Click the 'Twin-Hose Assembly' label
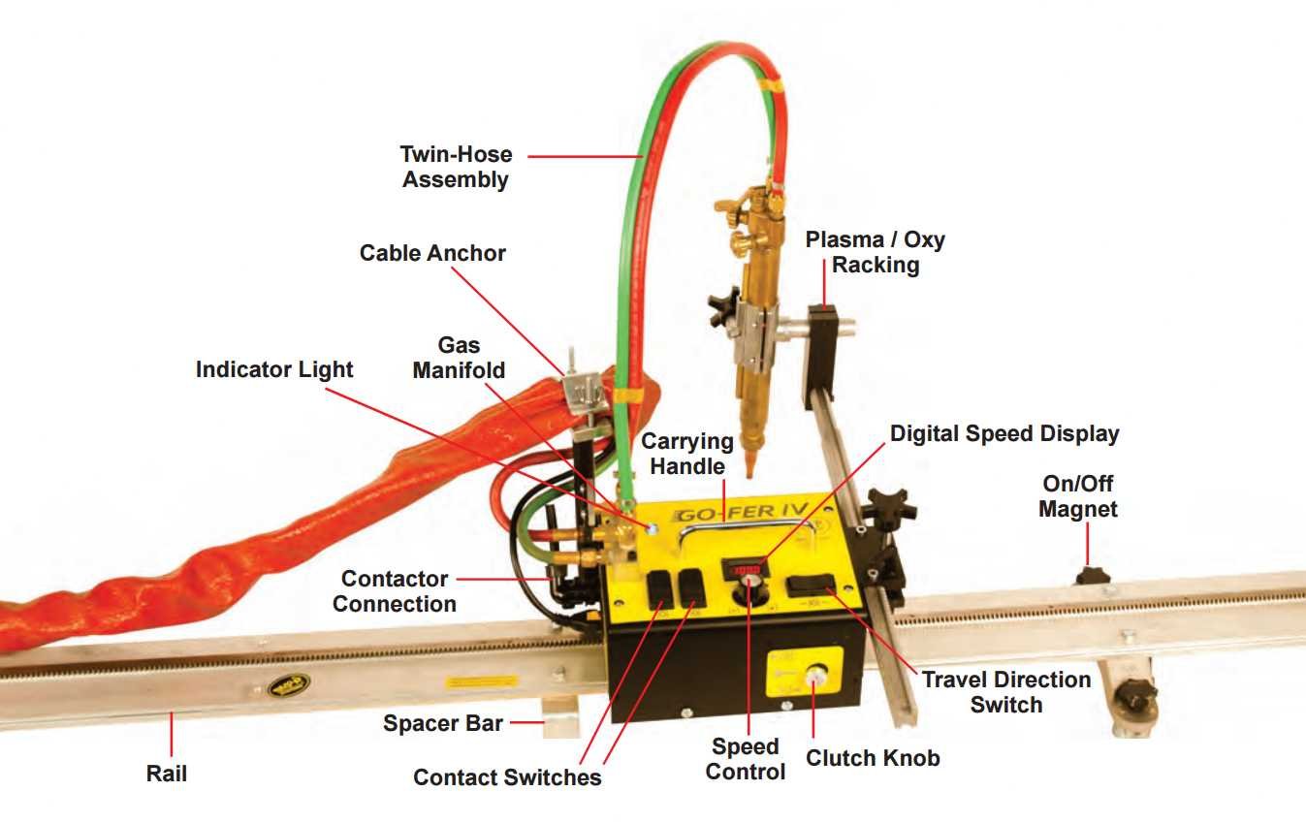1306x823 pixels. coord(456,167)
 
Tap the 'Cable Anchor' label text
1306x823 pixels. coord(432,253)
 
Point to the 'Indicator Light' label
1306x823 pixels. coord(274,369)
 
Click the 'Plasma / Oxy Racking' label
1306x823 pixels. coord(875,252)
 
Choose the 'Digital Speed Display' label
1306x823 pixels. coord(1004,433)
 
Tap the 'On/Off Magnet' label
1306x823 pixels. coord(1078,495)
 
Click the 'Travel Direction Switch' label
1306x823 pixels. coord(1006,692)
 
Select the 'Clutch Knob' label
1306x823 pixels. coord(872,757)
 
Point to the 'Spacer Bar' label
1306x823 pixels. coord(443,722)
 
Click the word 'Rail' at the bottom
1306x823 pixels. coord(167,773)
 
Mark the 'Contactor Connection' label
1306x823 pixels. coord(395,591)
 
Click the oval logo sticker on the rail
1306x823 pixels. coord(289,685)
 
